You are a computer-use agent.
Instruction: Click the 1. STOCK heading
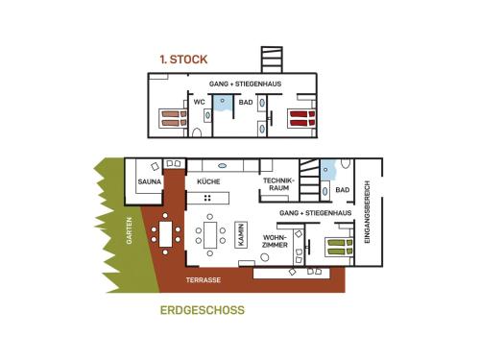(x=183, y=60)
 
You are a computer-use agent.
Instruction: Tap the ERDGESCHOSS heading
(x=203, y=310)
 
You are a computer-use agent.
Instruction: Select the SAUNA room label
(x=150, y=181)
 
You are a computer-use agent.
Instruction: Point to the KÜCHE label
(x=208, y=181)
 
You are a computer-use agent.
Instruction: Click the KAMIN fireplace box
(x=241, y=235)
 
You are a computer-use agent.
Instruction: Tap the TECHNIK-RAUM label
(x=278, y=184)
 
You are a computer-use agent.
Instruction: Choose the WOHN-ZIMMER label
(x=275, y=241)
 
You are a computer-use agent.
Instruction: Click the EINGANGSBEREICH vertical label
(x=367, y=212)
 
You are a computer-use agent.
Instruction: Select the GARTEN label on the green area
(x=129, y=230)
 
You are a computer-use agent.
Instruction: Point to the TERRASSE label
(x=204, y=280)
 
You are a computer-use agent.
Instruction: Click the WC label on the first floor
(x=199, y=102)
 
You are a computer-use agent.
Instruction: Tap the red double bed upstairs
(x=302, y=118)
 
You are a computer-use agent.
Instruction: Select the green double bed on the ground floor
(x=339, y=248)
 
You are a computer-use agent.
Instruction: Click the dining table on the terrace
(x=166, y=234)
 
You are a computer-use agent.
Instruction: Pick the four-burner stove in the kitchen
(x=207, y=198)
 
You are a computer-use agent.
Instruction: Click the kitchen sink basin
(x=222, y=166)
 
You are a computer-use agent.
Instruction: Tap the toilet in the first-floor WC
(x=197, y=132)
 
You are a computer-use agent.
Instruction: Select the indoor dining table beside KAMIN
(x=210, y=235)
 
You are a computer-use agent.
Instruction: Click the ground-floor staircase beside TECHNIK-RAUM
(x=309, y=180)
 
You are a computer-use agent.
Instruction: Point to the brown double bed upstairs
(x=173, y=118)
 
